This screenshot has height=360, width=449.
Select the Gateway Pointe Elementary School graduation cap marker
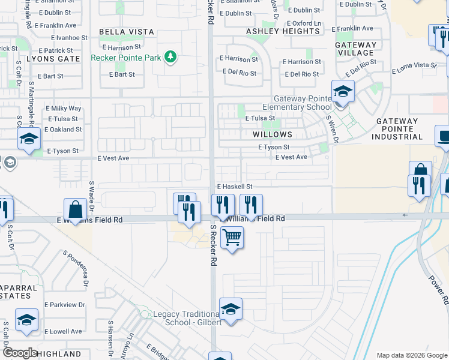[343, 92]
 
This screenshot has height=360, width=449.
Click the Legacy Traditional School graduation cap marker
[231, 309]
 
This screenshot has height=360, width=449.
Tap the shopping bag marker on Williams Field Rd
[76, 211]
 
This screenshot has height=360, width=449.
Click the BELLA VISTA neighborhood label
[127, 31]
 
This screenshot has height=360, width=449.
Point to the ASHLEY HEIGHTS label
[283, 31]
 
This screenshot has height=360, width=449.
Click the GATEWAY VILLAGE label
[356, 49]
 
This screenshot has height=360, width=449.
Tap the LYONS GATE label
[53, 59]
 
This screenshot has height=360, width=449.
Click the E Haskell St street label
[235, 187]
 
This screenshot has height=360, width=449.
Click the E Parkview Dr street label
[65, 305]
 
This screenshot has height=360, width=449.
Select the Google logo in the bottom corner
[19, 353]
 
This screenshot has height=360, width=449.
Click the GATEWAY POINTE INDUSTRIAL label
[400, 129]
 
